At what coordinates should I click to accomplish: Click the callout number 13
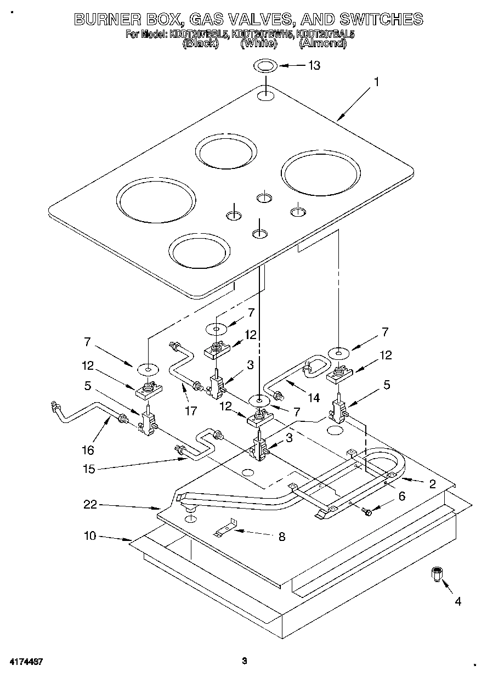314,65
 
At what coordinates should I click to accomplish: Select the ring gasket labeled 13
265,66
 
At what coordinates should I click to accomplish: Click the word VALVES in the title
248,19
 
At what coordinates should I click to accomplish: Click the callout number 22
90,505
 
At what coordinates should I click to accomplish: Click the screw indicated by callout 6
367,511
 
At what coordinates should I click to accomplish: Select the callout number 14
313,398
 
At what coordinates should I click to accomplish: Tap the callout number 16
88,450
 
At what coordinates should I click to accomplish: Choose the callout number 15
89,469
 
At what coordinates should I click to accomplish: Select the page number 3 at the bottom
245,661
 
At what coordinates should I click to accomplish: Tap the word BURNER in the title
107,19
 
